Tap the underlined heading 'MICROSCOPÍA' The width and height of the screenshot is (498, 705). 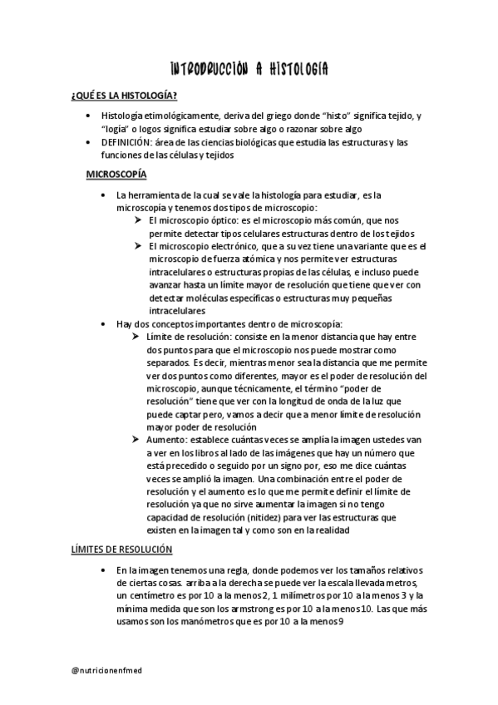click(x=116, y=175)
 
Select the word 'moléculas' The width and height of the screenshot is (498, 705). click(x=217, y=298)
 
